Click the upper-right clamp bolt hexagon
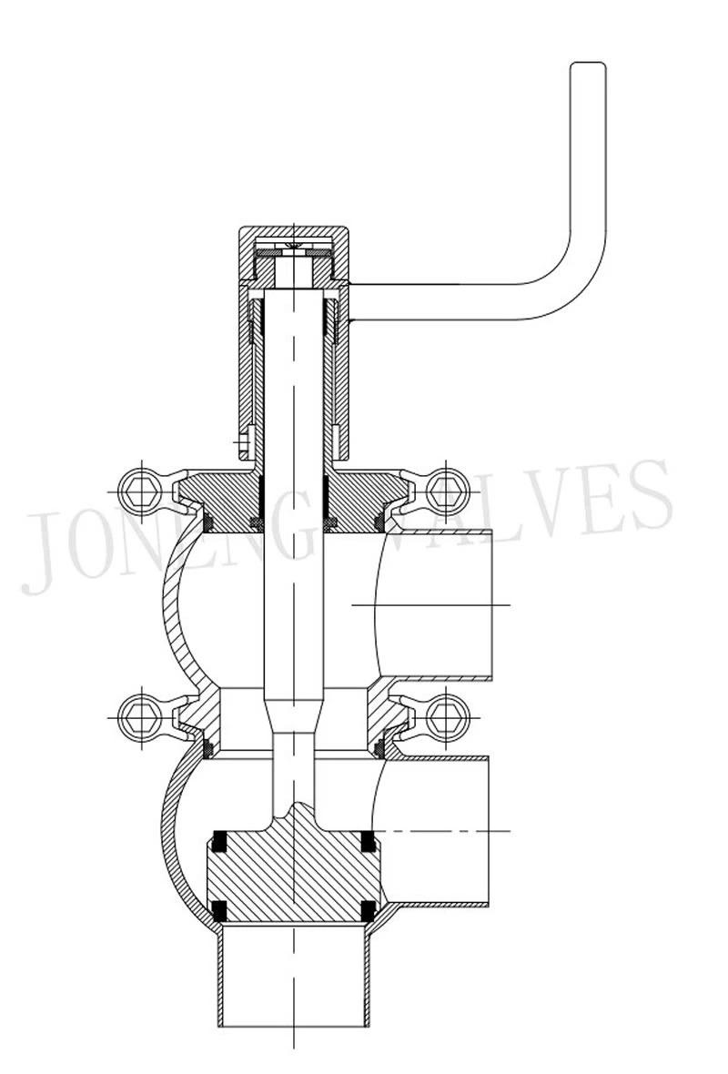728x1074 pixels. point(447,491)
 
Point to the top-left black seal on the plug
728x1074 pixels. point(218,841)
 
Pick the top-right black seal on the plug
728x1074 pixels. point(368,841)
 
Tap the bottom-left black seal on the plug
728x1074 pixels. point(218,908)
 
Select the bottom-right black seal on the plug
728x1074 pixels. point(368,908)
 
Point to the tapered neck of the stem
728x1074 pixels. point(293,714)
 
